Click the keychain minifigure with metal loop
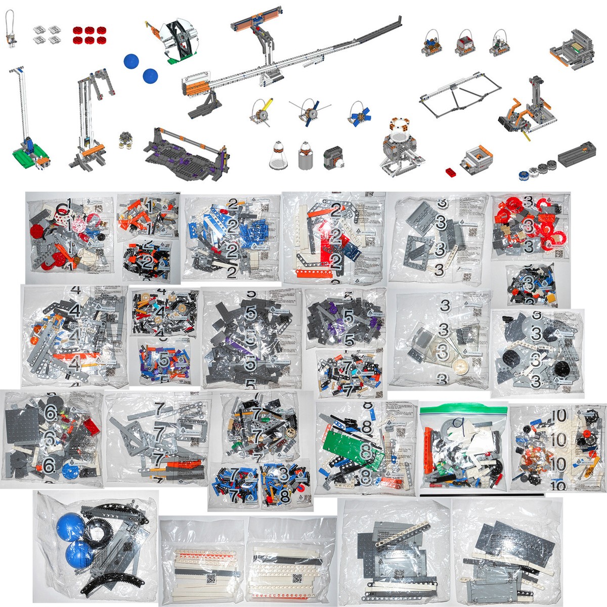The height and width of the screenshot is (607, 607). click(x=9, y=30)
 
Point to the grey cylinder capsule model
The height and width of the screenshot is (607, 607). click(x=305, y=156)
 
